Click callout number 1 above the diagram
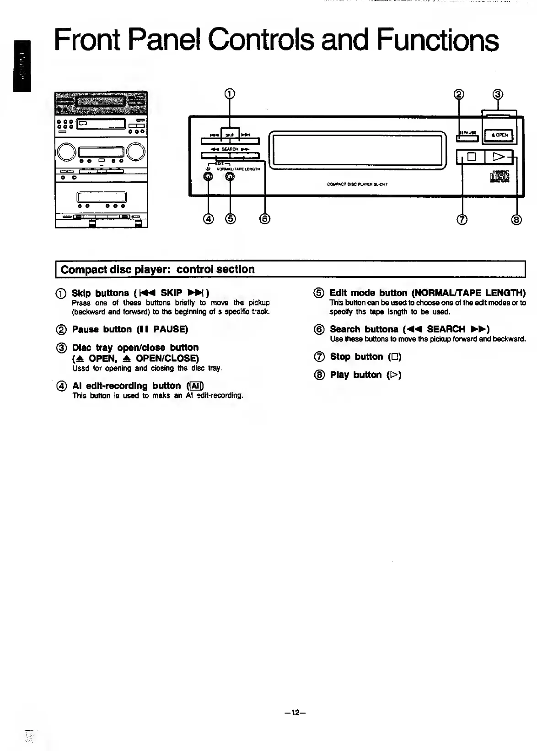(x=230, y=94)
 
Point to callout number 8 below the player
(x=516, y=220)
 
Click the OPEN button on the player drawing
(x=499, y=135)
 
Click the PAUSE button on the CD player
(x=467, y=133)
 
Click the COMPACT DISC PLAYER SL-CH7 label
(x=357, y=185)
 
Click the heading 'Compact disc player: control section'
(x=158, y=269)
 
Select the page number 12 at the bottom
(x=295, y=713)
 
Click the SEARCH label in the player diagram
(x=230, y=149)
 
